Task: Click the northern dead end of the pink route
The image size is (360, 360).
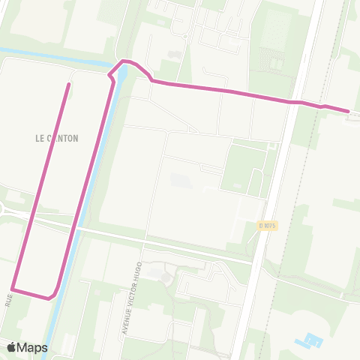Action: (x=69, y=84)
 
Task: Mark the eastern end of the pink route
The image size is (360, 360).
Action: (x=348, y=111)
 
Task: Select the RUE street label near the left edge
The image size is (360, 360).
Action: (x=9, y=300)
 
